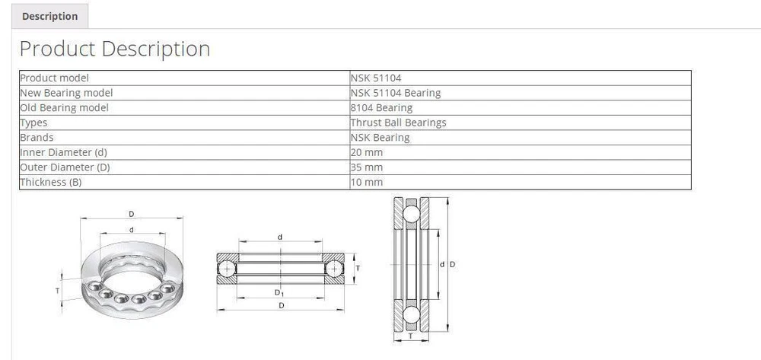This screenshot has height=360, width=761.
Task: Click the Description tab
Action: click(49, 16)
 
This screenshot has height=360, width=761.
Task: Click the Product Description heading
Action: click(115, 49)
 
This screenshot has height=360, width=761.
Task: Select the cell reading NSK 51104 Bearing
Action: click(396, 93)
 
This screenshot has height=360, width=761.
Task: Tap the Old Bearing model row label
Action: click(65, 108)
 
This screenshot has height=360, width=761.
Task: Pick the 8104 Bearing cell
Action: click(381, 108)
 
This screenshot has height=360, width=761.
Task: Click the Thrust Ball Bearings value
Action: click(399, 123)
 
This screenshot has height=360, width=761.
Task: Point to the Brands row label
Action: click(37, 137)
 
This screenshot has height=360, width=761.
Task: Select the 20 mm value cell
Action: click(367, 152)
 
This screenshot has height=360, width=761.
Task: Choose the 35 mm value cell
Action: click(367, 167)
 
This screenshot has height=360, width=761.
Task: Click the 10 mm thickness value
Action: click(367, 183)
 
